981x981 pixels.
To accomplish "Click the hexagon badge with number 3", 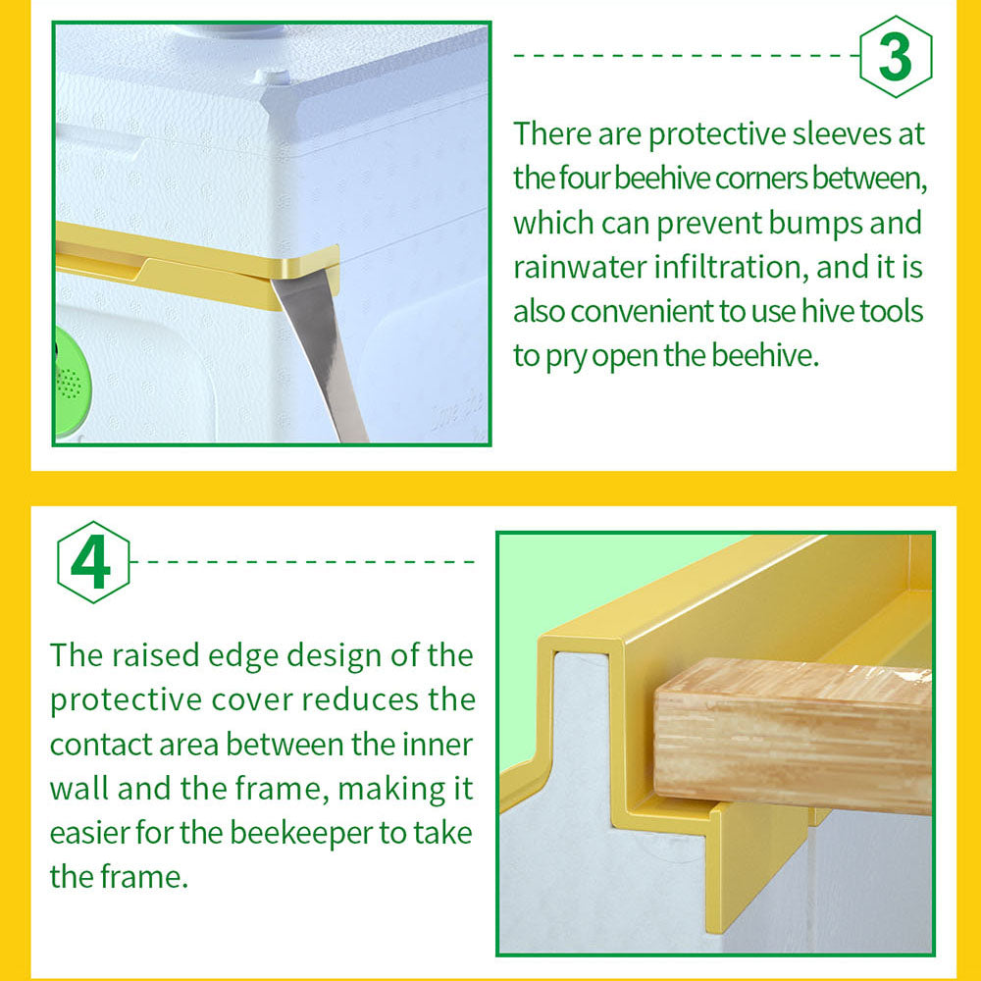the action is coord(896,57).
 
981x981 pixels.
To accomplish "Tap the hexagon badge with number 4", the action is coord(93,562).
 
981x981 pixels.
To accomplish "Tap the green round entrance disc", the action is coord(72,382).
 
